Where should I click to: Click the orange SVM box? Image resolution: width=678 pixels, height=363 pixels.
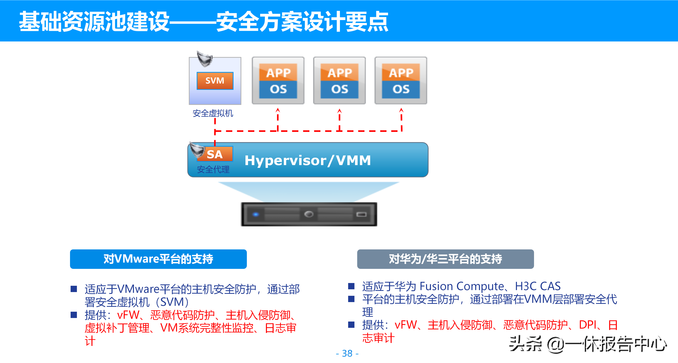point(215,81)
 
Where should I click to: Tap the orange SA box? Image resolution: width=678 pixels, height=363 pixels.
point(215,154)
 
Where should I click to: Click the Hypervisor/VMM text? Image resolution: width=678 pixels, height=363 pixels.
point(308,160)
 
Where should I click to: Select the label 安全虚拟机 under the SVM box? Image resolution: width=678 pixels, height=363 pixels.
point(213,113)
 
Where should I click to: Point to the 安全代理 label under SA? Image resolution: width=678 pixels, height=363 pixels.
point(213,169)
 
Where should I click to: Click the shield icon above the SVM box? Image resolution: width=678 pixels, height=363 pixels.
point(205,59)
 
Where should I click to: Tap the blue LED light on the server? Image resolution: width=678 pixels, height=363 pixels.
point(255,214)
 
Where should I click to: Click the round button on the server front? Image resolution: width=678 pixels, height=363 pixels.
point(308,214)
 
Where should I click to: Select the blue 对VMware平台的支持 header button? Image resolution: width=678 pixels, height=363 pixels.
point(158,259)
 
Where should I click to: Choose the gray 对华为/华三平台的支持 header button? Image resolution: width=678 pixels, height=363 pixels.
point(445,259)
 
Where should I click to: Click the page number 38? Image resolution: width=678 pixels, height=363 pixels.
point(347,353)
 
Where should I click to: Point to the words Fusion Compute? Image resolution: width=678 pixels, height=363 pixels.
point(462,286)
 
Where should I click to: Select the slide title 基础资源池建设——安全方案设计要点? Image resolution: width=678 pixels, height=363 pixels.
point(203,22)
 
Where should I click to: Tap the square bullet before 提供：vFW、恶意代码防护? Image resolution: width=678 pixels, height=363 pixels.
point(74,315)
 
